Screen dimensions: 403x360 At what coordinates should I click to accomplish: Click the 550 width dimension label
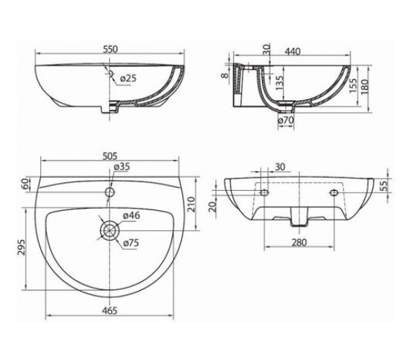pyautogui.click(x=110, y=49)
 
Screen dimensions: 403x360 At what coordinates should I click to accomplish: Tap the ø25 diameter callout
pyautogui.click(x=128, y=78)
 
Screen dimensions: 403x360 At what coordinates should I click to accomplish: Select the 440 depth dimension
pyautogui.click(x=292, y=52)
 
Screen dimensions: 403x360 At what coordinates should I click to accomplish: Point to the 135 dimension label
pyautogui.click(x=280, y=82)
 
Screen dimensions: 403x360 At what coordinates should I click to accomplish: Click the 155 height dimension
pyautogui.click(x=353, y=86)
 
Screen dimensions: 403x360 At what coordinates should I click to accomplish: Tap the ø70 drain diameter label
pyautogui.click(x=286, y=120)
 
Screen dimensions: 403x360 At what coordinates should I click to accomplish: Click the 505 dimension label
pyautogui.click(x=109, y=156)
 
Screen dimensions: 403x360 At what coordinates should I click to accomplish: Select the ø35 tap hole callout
pyautogui.click(x=122, y=166)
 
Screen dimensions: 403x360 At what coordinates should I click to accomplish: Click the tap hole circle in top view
pyautogui.click(x=110, y=192)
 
